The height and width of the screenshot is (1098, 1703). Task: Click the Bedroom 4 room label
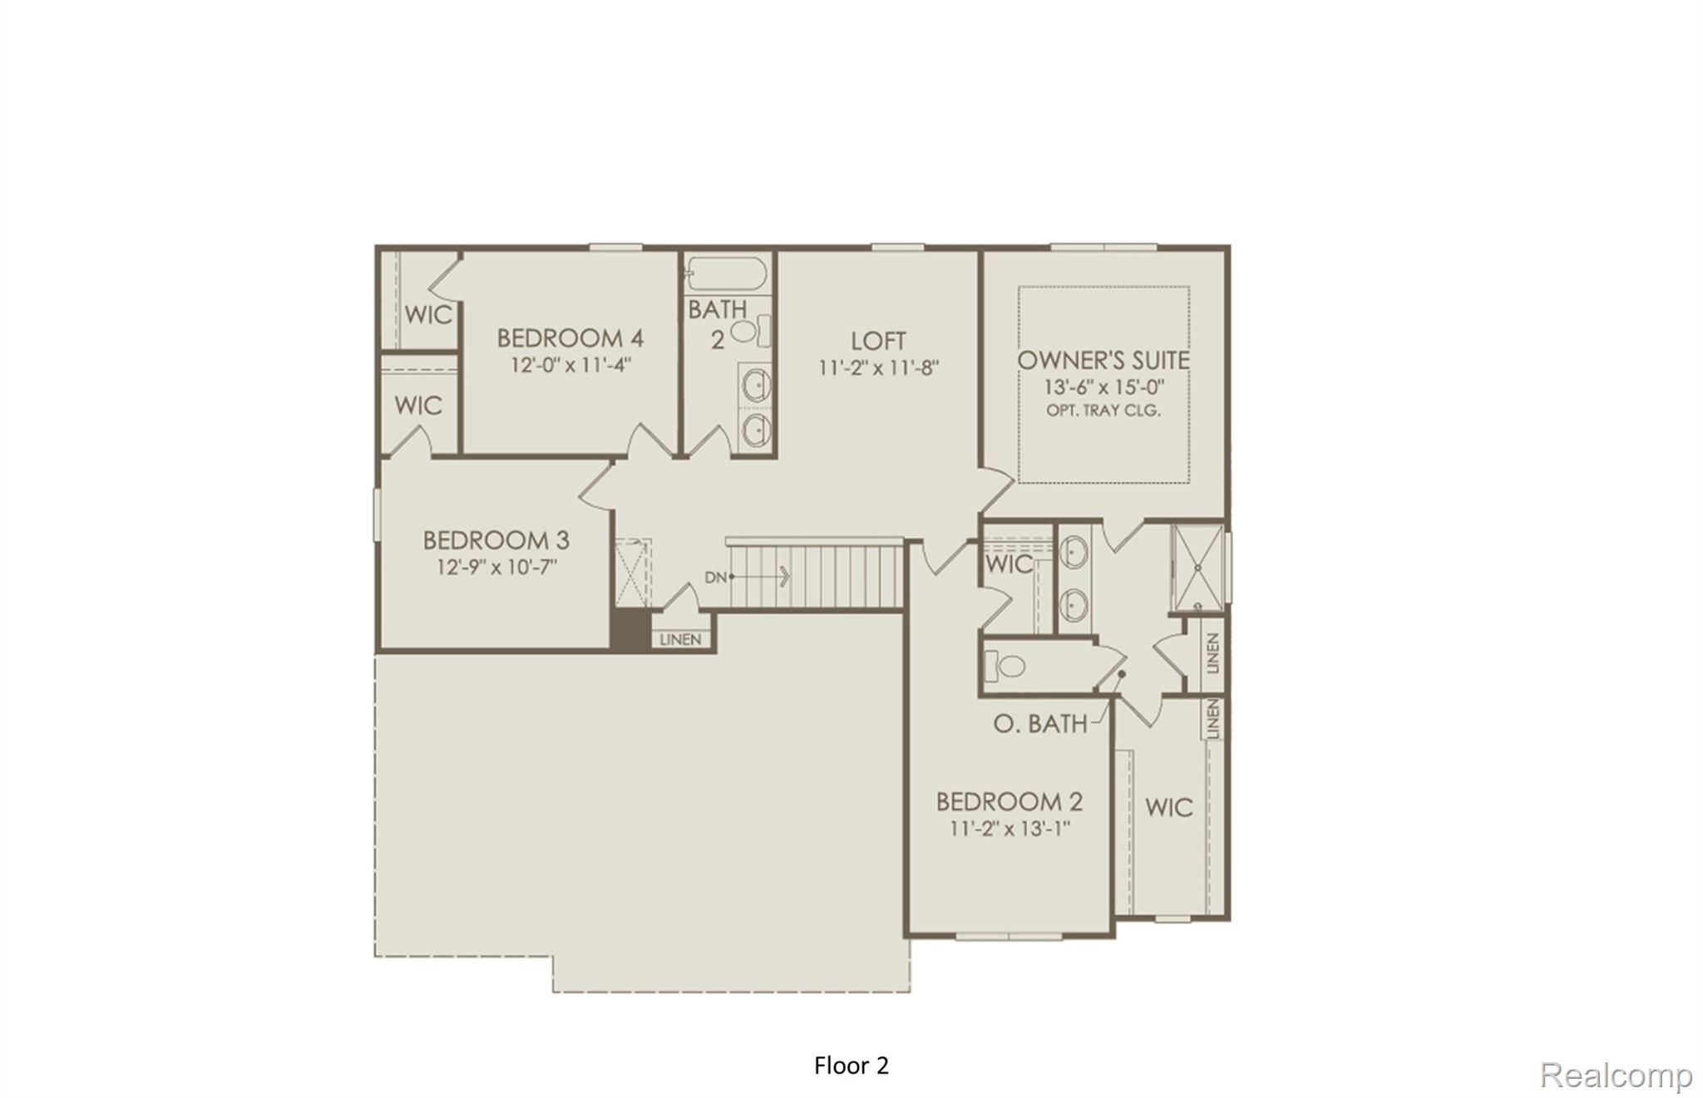pyautogui.click(x=570, y=338)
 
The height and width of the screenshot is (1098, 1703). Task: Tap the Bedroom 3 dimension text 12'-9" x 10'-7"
pyautogui.click(x=496, y=568)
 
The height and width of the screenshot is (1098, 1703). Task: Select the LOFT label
pyautogui.click(x=878, y=341)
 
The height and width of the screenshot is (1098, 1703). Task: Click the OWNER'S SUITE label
pyautogui.click(x=1103, y=361)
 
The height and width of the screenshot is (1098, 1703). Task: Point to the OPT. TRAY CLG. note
pyautogui.click(x=1103, y=411)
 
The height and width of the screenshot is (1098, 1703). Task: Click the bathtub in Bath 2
pyautogui.click(x=728, y=273)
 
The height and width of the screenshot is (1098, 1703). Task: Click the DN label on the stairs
pyautogui.click(x=715, y=577)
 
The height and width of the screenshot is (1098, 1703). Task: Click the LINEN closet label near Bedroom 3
pyautogui.click(x=681, y=640)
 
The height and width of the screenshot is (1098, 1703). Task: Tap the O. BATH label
pyautogui.click(x=1039, y=724)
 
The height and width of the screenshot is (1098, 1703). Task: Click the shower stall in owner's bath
pyautogui.click(x=1197, y=568)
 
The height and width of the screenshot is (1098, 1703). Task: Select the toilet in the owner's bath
pyautogui.click(x=1006, y=666)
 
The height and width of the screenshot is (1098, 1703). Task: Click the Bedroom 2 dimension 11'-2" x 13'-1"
pyautogui.click(x=1009, y=829)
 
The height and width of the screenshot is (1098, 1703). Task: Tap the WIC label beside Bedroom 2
pyautogui.click(x=1168, y=807)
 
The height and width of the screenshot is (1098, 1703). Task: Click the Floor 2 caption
pyautogui.click(x=851, y=1066)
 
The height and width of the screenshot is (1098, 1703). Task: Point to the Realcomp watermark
pyautogui.click(x=1616, y=1075)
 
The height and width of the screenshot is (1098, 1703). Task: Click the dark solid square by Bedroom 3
pyautogui.click(x=630, y=630)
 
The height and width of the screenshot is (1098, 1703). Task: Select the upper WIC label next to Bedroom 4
pyautogui.click(x=428, y=314)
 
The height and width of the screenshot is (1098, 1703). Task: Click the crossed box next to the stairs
pyautogui.click(x=632, y=573)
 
